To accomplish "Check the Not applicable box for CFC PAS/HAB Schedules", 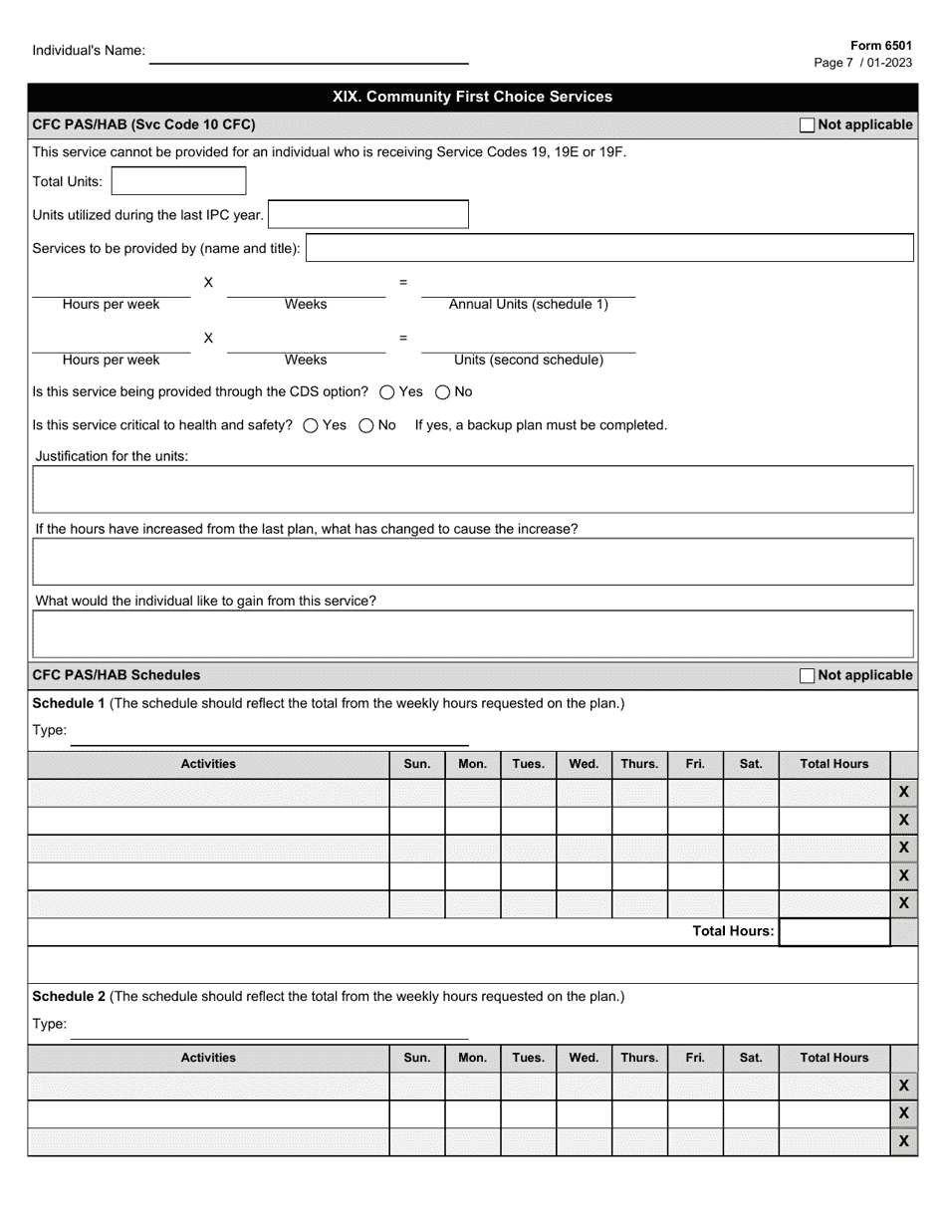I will [x=807, y=675].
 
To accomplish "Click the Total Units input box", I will [x=179, y=181].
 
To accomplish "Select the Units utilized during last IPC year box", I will [x=368, y=214].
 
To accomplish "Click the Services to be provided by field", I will [x=609, y=248].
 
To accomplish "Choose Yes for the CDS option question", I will [x=387, y=392].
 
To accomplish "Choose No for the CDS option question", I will [x=443, y=392].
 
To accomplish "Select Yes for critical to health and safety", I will [x=311, y=425].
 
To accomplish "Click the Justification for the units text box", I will [x=473, y=489].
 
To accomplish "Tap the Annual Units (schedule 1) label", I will [x=528, y=305].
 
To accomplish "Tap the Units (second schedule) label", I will [x=528, y=361].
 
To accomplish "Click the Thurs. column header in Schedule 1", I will [x=639, y=764].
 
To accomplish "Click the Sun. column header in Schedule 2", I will [x=416, y=1058].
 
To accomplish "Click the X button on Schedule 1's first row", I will [x=903, y=793].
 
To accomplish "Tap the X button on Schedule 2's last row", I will [x=903, y=1141].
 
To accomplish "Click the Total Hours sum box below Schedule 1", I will [x=833, y=932].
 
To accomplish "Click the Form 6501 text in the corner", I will [x=880, y=46].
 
